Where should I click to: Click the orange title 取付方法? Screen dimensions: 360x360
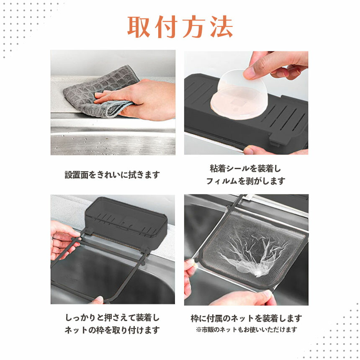[180, 27]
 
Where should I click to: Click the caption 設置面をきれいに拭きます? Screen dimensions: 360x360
[112, 175]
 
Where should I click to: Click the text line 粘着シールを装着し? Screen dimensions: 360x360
[246, 169]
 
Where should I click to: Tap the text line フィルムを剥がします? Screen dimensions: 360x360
[246, 181]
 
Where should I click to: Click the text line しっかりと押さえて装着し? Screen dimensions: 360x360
[112, 318]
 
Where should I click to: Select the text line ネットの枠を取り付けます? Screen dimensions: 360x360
[112, 330]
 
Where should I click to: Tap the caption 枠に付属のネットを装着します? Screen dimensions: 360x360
[247, 319]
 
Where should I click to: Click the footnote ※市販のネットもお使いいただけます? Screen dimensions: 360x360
[247, 330]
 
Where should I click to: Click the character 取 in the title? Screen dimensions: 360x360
[139, 27]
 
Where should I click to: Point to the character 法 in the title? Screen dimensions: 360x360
[221, 27]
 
